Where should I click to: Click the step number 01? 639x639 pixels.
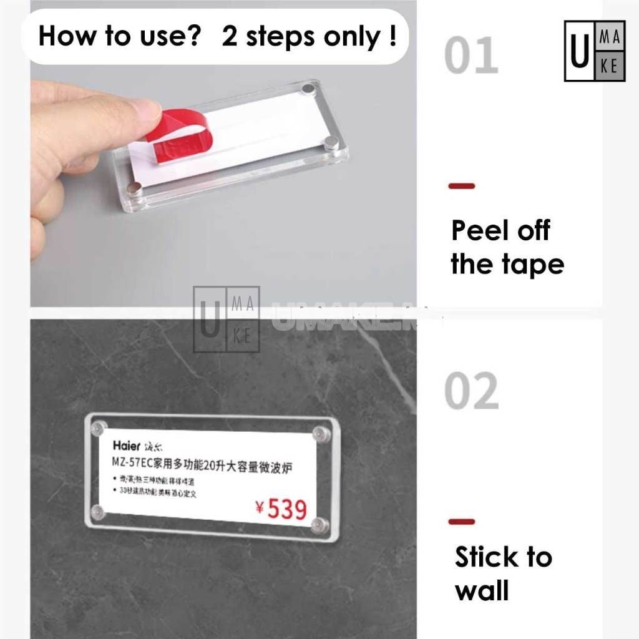pos(471,56)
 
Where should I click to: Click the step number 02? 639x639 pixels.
pos(471,391)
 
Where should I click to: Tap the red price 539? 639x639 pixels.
pos(288,509)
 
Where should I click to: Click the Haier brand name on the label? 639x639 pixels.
pos(126,446)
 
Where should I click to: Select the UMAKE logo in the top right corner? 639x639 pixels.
pos(594,51)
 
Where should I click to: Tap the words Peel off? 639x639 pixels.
pos(500,230)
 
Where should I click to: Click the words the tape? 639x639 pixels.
pos(507,264)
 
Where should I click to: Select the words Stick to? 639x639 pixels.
pos(503,557)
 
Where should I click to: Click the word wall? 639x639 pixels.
pos(482,590)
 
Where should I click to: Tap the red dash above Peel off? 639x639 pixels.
pos(462,186)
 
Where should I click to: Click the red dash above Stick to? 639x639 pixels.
pos(462,522)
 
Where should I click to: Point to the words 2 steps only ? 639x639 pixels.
pos(309,36)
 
